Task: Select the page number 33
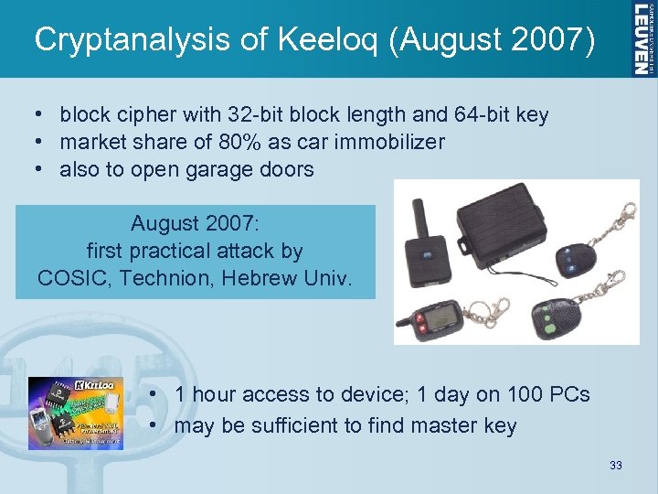[x=615, y=466]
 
